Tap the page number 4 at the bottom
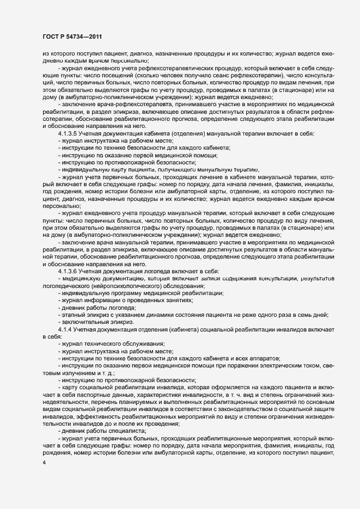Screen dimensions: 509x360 tap(44, 463)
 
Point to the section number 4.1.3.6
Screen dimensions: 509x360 tap(69, 271)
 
